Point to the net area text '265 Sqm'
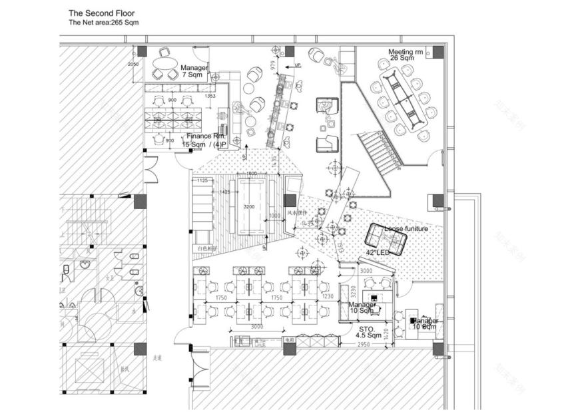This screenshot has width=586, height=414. pyautogui.click(x=125, y=22)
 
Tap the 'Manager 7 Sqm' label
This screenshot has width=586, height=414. pyautogui.click(x=194, y=71)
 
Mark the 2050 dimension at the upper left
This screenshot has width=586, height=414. pyautogui.click(x=133, y=64)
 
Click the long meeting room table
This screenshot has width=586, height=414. pyautogui.click(x=400, y=100)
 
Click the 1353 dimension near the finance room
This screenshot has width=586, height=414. pyautogui.click(x=210, y=97)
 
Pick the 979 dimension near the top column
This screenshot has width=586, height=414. pyautogui.click(x=273, y=65)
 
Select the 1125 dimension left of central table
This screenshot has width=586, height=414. pyautogui.click(x=203, y=180)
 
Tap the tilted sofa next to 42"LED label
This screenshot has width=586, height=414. pyautogui.click(x=387, y=238)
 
